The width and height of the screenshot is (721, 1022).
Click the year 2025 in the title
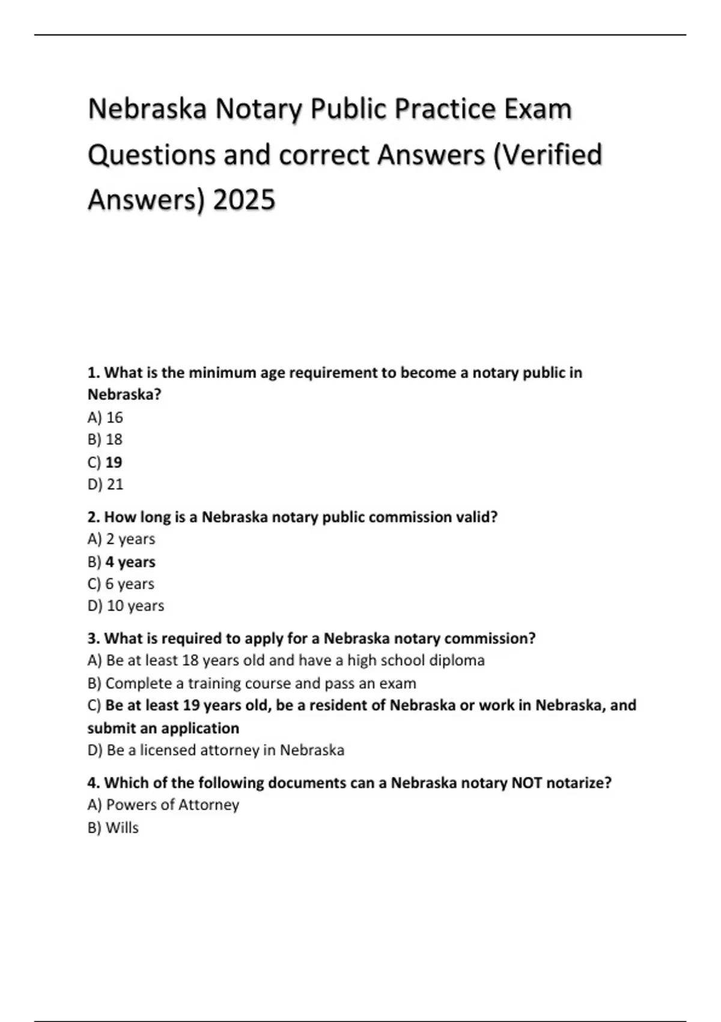point(244,200)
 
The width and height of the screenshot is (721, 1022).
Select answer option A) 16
point(105,417)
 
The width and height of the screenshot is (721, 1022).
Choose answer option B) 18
point(105,439)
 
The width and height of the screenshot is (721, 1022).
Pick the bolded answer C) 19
point(105,462)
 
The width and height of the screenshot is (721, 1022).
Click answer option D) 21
point(105,484)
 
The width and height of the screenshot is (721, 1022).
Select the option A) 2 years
point(121,539)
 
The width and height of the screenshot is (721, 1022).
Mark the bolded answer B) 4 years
point(121,562)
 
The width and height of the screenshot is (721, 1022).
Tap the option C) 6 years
point(121,584)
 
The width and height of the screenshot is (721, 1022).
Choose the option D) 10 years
point(126,605)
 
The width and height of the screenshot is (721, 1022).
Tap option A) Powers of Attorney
point(163,804)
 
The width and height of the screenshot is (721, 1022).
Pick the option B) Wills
point(114,828)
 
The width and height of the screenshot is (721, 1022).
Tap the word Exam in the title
point(538,109)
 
